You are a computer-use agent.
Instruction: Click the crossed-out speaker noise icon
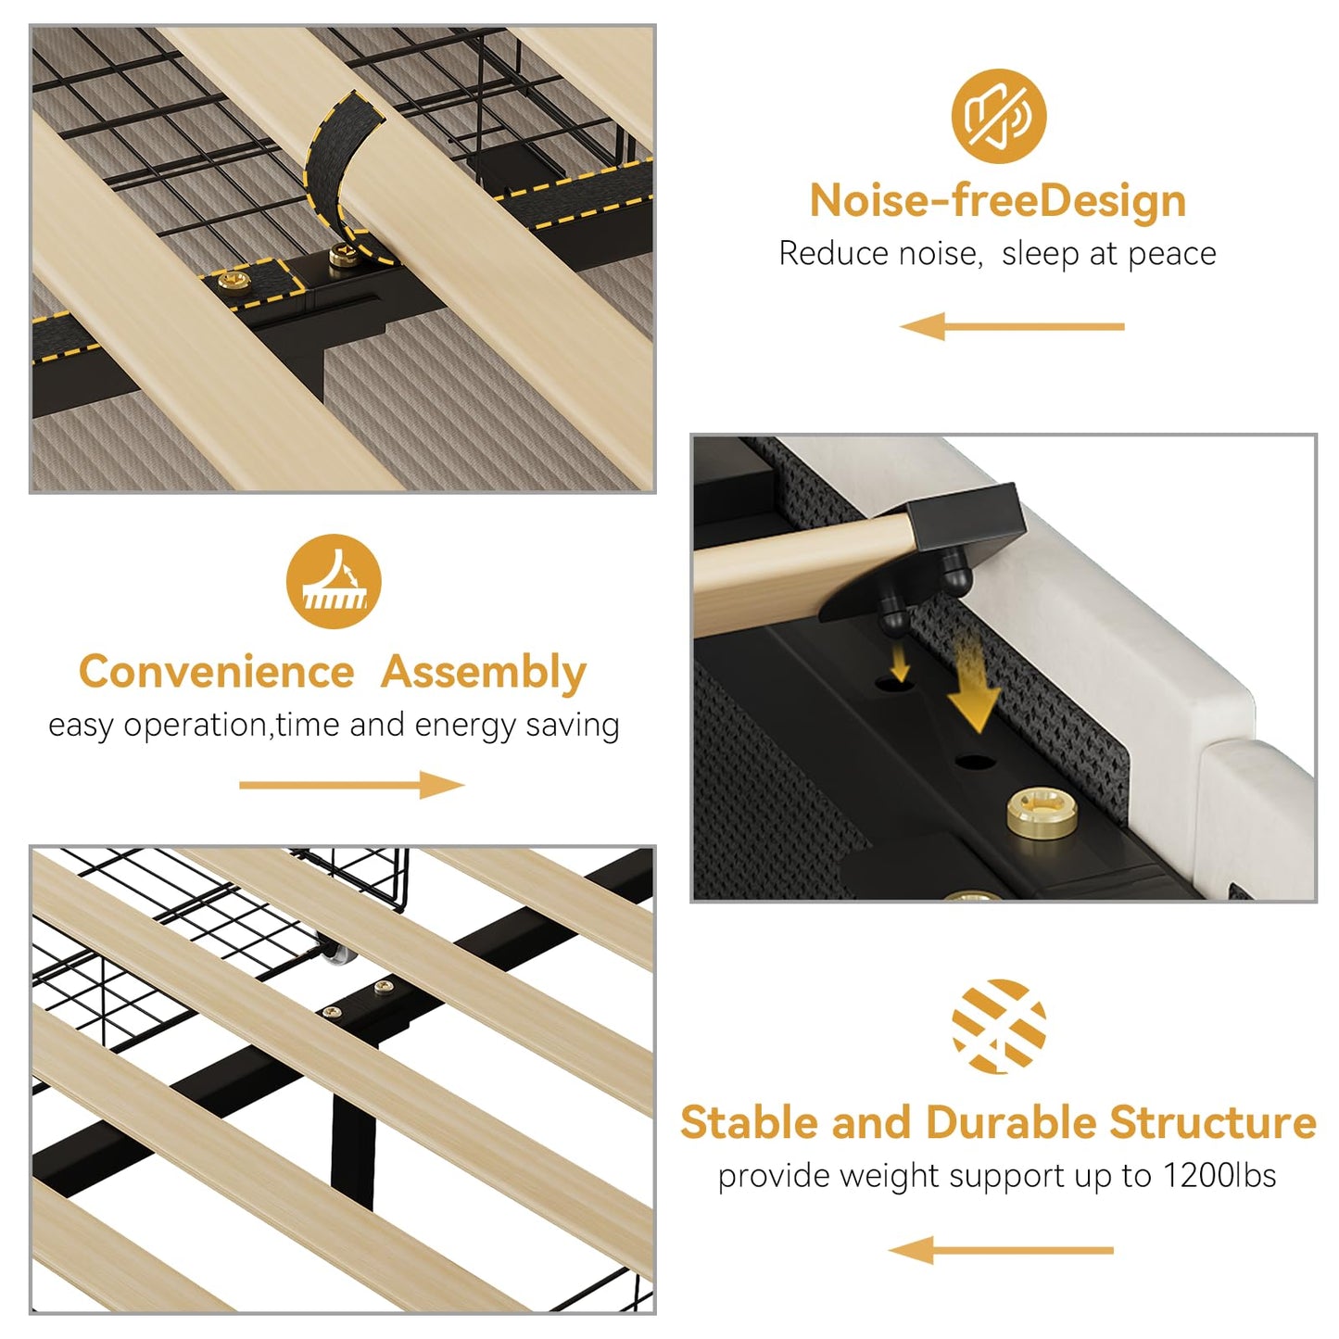(x=999, y=116)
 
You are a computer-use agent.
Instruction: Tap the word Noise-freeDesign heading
(x=998, y=201)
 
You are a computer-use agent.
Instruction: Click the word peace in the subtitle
(x=1171, y=254)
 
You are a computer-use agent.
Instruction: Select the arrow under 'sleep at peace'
(x=1012, y=326)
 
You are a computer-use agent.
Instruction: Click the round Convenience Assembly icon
(x=334, y=581)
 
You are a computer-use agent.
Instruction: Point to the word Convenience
(x=217, y=672)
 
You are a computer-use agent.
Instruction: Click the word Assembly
(x=484, y=674)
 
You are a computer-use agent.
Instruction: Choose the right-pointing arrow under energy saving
(x=351, y=785)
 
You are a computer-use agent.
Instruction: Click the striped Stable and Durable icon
(x=999, y=1027)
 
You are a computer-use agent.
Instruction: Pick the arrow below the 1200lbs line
(x=1001, y=1250)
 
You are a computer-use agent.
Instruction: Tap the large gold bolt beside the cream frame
(x=1042, y=812)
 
